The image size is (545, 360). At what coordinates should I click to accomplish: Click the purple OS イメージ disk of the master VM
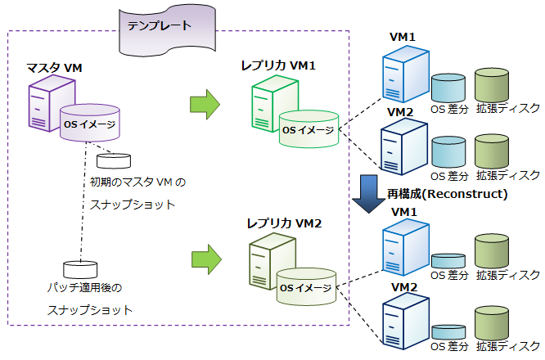click(89, 124)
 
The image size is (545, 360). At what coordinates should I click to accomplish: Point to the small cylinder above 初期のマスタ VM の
click(113, 160)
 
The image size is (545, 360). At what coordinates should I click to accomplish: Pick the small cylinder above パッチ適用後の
click(79, 269)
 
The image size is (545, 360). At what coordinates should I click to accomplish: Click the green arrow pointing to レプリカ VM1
click(205, 103)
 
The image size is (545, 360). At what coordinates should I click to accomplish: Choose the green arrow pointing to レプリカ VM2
click(205, 259)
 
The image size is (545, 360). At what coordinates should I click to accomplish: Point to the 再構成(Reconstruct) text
click(448, 195)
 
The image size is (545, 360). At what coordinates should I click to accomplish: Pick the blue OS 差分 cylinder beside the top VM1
click(448, 88)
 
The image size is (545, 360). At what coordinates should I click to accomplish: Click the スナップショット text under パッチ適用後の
click(89, 311)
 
